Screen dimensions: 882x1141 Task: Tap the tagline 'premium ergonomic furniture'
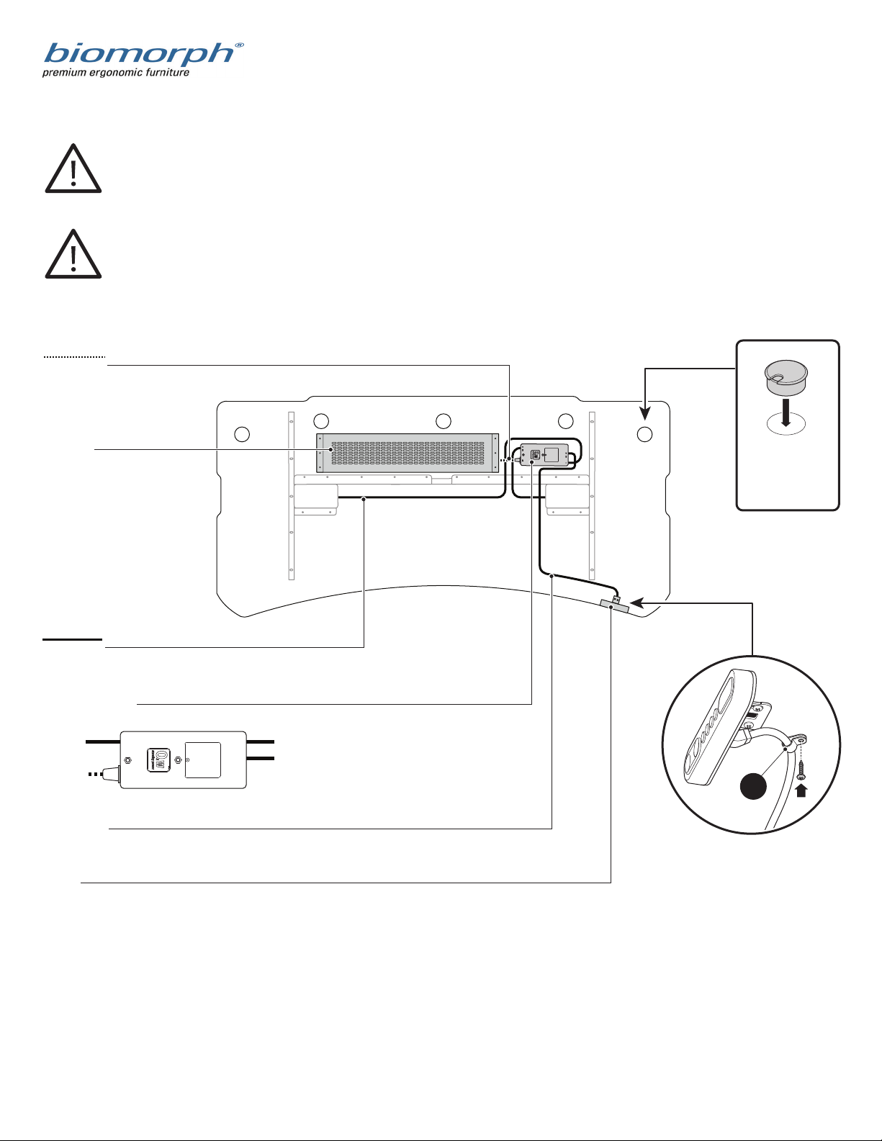point(115,73)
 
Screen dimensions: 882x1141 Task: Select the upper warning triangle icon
point(73,168)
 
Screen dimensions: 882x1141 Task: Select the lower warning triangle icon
point(73,253)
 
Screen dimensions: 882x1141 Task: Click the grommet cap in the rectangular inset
point(786,377)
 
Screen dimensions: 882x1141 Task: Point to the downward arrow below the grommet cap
point(786,412)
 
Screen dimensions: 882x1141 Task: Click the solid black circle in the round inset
point(753,787)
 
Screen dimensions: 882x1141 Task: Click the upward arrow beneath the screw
point(801,790)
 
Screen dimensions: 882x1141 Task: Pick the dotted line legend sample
point(74,357)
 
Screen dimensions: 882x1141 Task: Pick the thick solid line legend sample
point(73,639)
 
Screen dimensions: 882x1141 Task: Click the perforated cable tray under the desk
point(408,453)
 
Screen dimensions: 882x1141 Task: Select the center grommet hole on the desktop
point(444,421)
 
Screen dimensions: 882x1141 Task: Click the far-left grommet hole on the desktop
point(242,434)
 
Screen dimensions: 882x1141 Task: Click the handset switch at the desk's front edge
point(614,606)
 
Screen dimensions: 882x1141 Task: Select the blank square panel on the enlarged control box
point(203,759)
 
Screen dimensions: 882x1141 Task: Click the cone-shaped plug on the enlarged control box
point(112,773)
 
